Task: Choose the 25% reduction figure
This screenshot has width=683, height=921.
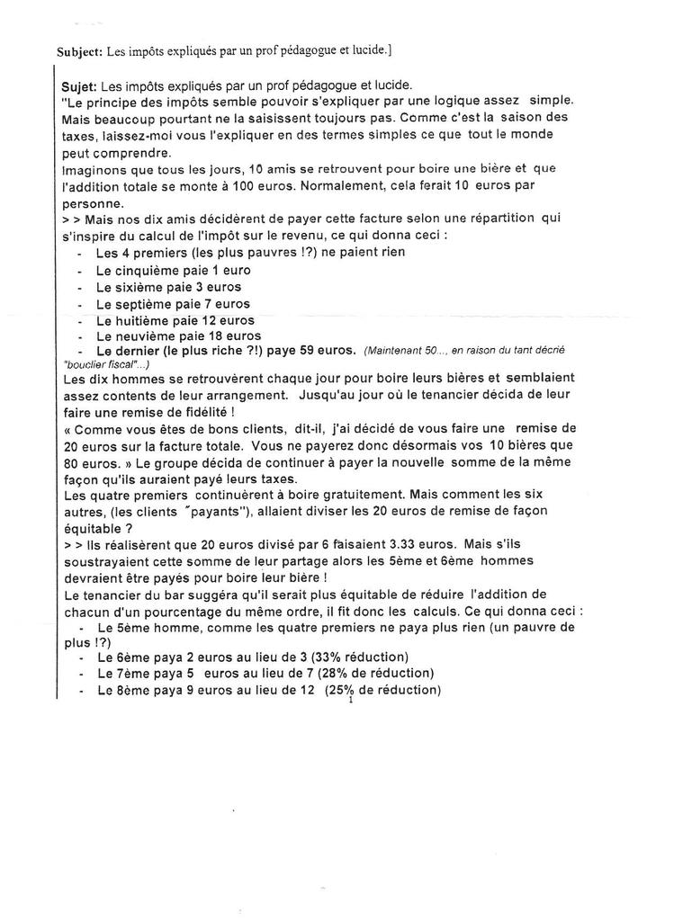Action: pyautogui.click(x=346, y=691)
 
